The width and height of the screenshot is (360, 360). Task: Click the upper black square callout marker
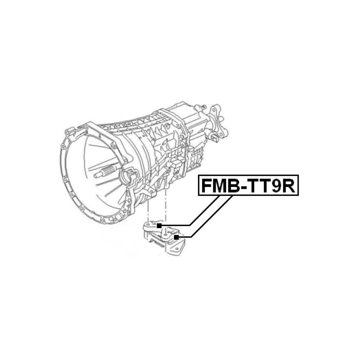159,226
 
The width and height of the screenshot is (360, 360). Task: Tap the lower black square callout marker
177,237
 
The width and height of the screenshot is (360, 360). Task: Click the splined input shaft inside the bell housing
109,172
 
